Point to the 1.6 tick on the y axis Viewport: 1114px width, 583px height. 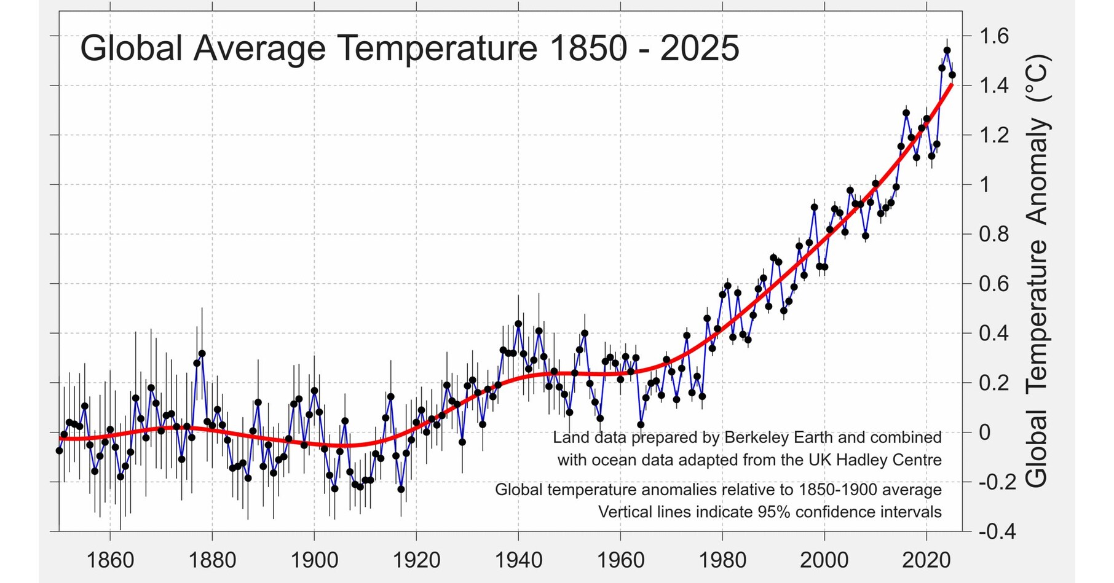pyautogui.click(x=994, y=36)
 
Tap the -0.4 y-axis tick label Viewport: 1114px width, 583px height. pyautogui.click(x=997, y=531)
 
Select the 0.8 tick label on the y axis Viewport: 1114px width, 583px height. pyautogui.click(x=994, y=234)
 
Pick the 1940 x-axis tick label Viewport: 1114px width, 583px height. pyautogui.click(x=518, y=560)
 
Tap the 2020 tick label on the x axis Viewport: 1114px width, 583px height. pyautogui.click(x=926, y=560)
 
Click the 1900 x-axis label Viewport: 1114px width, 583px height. pyautogui.click(x=314, y=560)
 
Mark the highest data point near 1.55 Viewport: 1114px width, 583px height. pyautogui.click(x=947, y=50)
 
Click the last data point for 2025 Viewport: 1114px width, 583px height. pyautogui.click(x=952, y=75)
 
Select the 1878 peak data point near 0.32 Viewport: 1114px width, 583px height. pyautogui.click(x=202, y=354)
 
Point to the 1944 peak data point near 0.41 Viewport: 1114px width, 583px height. pyautogui.click(x=539, y=331)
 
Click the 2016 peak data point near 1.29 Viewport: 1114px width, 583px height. pyautogui.click(x=906, y=113)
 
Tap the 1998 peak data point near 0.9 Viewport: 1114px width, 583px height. pyautogui.click(x=814, y=208)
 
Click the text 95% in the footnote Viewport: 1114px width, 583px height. pyautogui.click(x=775, y=512)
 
